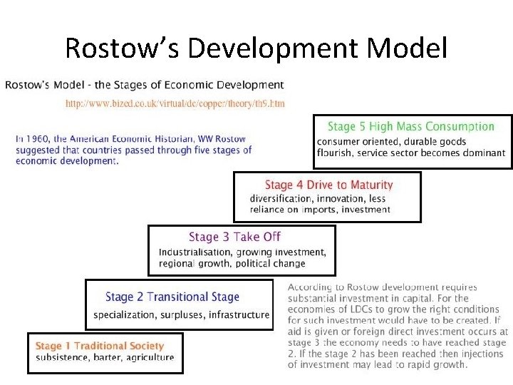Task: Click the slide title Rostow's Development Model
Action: point(256,48)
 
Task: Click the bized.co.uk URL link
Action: point(175,103)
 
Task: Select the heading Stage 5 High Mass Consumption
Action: point(410,126)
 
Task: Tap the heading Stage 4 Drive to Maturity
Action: point(328,185)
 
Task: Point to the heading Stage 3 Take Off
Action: point(234,237)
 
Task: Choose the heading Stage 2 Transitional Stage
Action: point(172,297)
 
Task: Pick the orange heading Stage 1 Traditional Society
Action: point(99,346)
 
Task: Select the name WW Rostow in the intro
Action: point(222,139)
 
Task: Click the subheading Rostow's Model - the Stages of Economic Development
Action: point(144,86)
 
